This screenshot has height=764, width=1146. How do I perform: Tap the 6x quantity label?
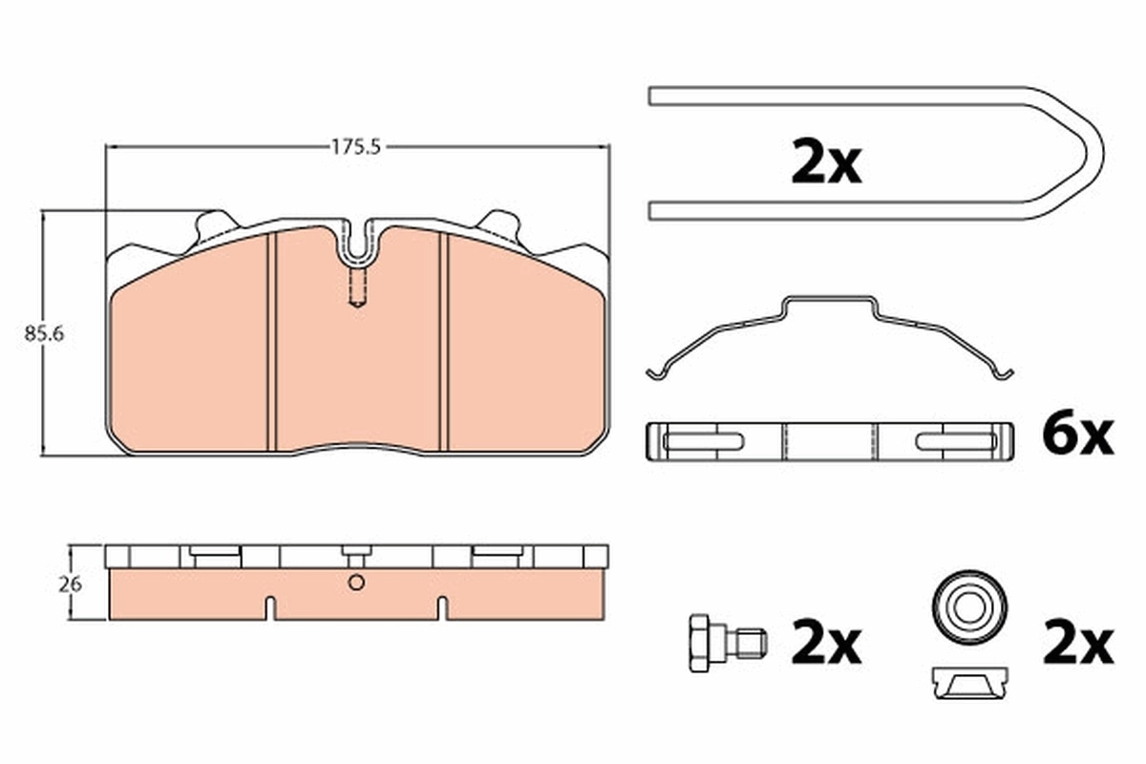1076,436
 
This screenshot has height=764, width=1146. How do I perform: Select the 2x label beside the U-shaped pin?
826,164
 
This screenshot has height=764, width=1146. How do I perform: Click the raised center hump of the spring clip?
828,304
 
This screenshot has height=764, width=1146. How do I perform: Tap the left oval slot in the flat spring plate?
702,441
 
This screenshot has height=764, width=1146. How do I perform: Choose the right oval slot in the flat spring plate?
955,441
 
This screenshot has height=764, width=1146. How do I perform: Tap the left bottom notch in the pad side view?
270,607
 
